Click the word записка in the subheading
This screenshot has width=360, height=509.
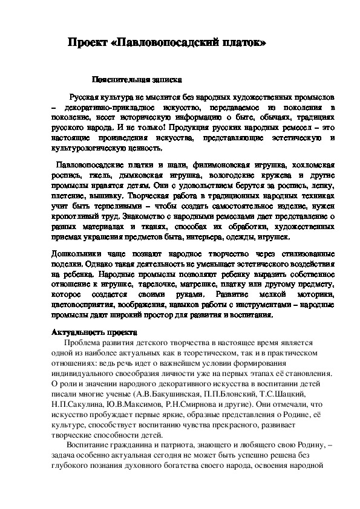(162, 79)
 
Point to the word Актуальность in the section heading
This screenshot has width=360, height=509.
(74, 332)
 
